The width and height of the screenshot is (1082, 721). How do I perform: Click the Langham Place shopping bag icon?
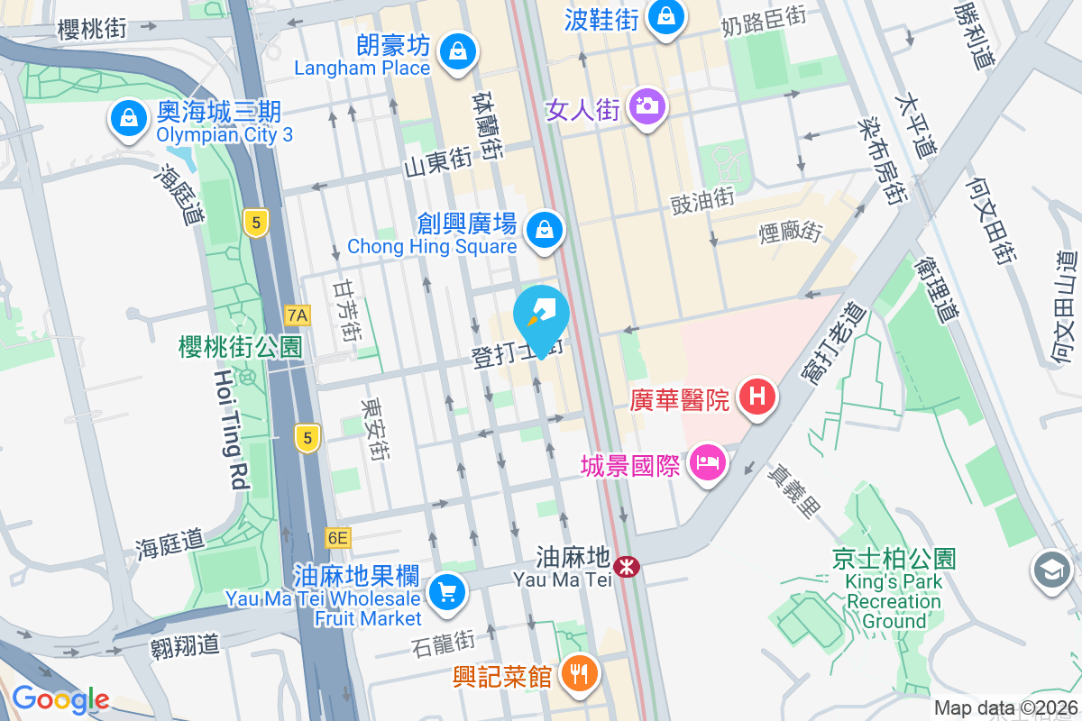(x=457, y=50)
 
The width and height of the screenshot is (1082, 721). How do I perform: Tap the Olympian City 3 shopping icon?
(x=129, y=118)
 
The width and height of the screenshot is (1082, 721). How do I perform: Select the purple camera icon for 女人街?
(x=646, y=106)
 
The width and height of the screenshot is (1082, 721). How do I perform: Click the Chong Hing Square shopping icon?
(x=545, y=229)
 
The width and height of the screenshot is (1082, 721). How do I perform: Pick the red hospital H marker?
(x=758, y=396)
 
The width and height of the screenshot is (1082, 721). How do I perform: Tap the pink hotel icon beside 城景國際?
(x=708, y=463)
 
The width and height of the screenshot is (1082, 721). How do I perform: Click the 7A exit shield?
(x=297, y=315)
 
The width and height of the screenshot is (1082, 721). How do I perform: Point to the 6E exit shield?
(x=338, y=538)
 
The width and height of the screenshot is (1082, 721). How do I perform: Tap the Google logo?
(x=60, y=699)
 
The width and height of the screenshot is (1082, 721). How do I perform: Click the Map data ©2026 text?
(x=1005, y=708)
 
